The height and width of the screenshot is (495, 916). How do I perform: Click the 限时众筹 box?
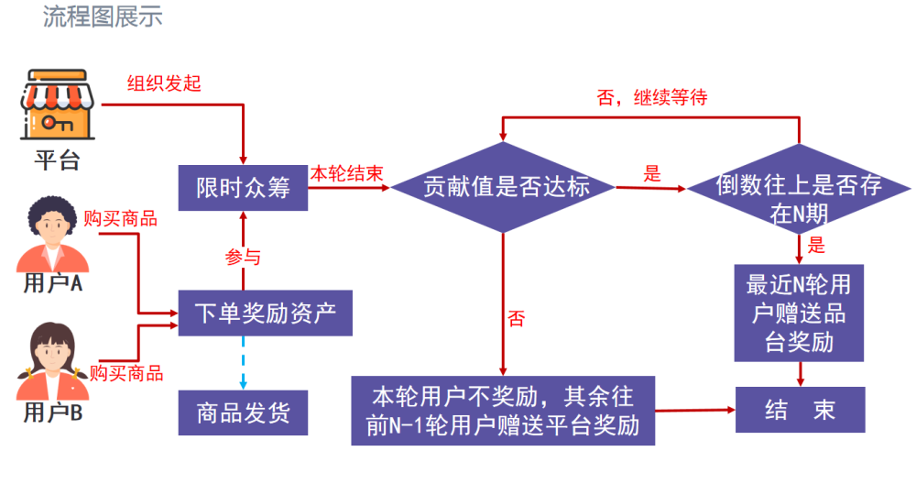[243, 188]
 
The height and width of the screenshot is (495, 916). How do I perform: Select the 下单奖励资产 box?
[266, 313]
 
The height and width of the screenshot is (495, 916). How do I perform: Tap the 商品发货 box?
[243, 412]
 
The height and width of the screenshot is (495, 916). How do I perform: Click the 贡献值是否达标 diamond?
[503, 187]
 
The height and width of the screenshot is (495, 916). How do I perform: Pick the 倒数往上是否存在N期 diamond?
[799, 189]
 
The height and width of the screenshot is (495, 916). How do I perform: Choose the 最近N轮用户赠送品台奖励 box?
[799, 313]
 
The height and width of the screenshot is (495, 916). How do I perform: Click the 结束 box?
[801, 410]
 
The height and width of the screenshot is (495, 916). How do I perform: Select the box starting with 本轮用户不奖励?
[503, 411]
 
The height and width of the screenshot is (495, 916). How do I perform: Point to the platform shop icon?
[57, 104]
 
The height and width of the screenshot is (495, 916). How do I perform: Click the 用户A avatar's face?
[51, 225]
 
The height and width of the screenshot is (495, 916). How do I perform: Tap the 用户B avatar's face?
[52, 353]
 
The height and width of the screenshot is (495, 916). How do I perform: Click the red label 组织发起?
[164, 83]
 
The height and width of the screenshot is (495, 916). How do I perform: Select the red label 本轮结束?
[346, 173]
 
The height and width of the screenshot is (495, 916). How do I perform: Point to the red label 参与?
[243, 257]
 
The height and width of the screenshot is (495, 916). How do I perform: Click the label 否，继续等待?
[652, 97]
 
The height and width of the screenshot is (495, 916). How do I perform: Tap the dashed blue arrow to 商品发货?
[243, 362]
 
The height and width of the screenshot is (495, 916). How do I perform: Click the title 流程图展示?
[103, 16]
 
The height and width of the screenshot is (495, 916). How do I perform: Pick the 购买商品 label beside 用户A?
[120, 218]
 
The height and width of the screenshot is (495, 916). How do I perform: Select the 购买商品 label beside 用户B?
[126, 373]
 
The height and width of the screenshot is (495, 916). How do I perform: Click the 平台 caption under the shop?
[57, 160]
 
